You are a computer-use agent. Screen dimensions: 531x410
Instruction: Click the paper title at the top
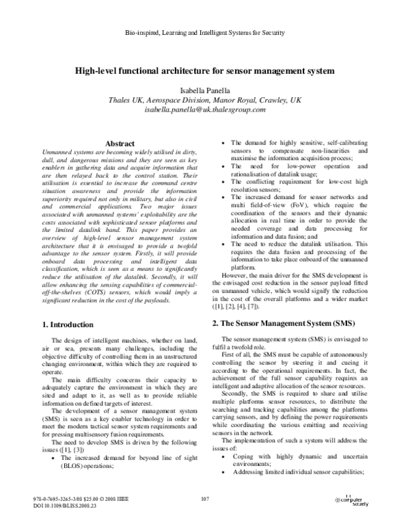(205, 70)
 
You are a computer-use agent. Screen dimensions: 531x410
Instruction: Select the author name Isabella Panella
(205, 90)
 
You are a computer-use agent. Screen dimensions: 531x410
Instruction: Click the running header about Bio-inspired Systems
(205, 33)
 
